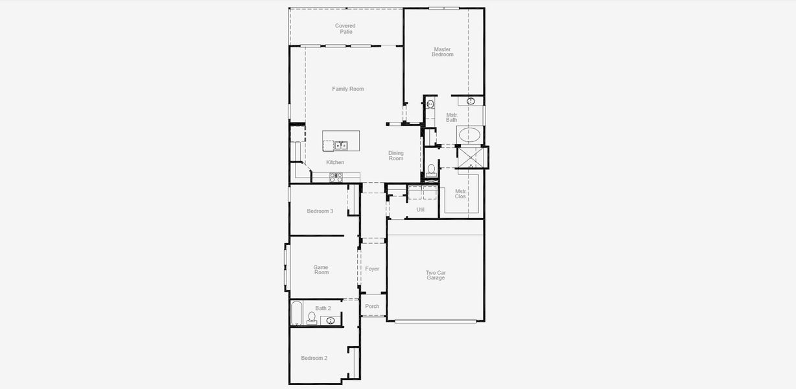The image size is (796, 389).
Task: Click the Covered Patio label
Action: (x=345, y=29)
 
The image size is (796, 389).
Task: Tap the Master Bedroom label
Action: (x=443, y=52)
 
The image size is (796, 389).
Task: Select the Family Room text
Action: (x=348, y=89)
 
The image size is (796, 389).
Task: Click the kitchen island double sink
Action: (x=341, y=146)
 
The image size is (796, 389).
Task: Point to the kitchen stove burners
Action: (x=336, y=177)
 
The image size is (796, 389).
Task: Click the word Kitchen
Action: (x=335, y=162)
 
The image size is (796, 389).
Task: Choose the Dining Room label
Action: (x=396, y=156)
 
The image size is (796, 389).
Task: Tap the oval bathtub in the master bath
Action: (x=470, y=136)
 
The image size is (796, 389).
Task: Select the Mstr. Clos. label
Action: (x=461, y=194)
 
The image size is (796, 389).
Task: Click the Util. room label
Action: (x=421, y=209)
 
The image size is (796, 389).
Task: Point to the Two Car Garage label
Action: (x=436, y=275)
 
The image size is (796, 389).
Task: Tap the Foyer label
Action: (x=372, y=268)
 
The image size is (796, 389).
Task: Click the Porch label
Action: (x=372, y=306)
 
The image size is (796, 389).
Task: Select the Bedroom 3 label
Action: (x=320, y=211)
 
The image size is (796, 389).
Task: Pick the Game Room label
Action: (x=321, y=270)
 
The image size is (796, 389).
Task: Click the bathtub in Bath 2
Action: (x=296, y=313)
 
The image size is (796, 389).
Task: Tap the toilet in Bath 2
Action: (x=312, y=318)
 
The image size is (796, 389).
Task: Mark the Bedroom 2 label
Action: (x=314, y=358)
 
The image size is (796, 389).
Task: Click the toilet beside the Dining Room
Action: (x=432, y=170)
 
